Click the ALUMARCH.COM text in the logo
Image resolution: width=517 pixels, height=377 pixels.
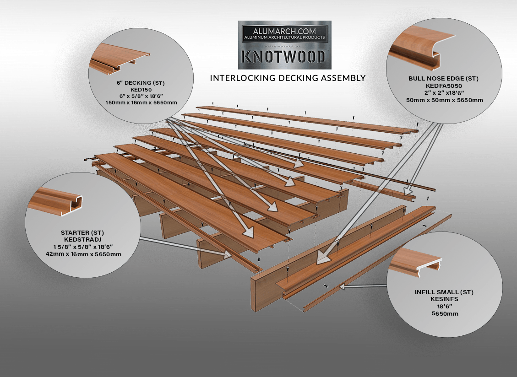[284, 29]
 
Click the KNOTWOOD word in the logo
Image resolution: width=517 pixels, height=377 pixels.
[284, 56]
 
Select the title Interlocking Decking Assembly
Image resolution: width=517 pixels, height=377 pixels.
[288, 78]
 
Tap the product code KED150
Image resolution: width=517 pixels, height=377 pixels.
[140, 89]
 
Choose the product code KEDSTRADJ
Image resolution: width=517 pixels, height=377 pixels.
[83, 239]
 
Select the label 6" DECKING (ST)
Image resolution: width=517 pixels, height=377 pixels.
[140, 83]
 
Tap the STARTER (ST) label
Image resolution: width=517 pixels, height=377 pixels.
[83, 232]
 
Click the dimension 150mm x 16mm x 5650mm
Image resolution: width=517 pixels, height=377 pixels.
[140, 102]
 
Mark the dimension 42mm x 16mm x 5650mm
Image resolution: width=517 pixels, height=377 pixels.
[83, 254]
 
